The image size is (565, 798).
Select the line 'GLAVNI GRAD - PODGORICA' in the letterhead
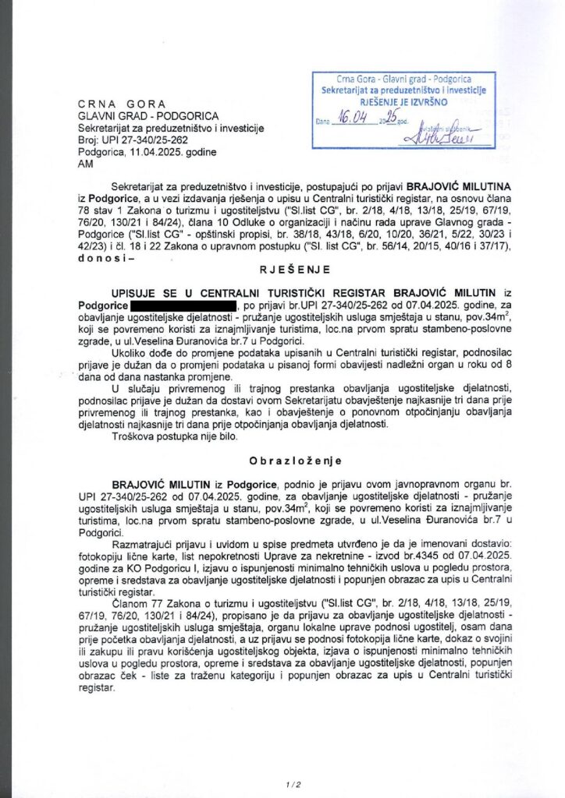[135, 116]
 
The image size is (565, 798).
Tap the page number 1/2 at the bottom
[282, 782]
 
